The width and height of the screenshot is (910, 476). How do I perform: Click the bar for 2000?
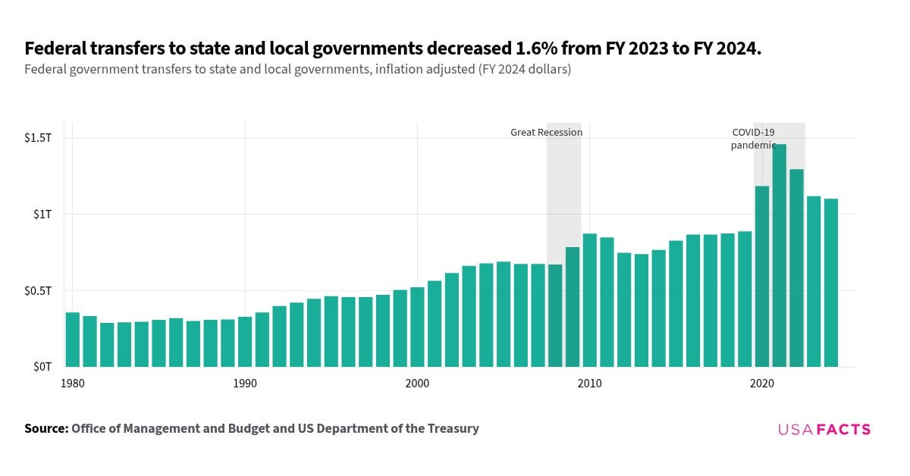[417, 327]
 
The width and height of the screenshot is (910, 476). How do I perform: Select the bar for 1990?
[245, 342]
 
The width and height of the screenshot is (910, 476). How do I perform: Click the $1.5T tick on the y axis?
[38, 138]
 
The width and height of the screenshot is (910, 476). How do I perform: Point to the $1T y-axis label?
[41, 215]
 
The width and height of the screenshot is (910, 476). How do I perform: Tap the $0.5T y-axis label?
[38, 291]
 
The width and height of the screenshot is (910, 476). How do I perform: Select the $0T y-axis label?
[41, 367]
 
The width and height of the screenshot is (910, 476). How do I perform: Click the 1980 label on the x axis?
[73, 384]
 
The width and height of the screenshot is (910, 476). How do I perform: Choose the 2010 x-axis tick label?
[589, 384]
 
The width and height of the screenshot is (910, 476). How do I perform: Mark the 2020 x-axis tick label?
[761, 384]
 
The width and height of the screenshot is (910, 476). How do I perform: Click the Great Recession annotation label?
[546, 132]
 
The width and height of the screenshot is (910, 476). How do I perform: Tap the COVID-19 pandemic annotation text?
[753, 139]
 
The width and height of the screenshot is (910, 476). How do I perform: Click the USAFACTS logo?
[824, 429]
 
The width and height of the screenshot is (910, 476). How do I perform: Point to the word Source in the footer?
[46, 428]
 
